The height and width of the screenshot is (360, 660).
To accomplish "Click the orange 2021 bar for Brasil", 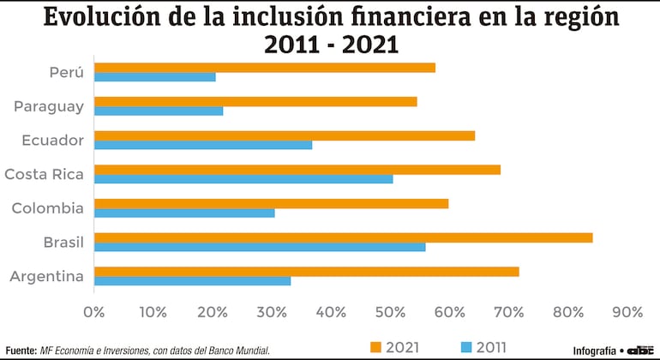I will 343,237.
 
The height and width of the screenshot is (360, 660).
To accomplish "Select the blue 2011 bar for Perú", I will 154,77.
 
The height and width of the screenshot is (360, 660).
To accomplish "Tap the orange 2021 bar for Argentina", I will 306,272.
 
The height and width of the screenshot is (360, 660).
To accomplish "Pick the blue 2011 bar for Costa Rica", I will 243,179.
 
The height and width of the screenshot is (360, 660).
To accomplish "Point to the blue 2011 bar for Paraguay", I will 158,111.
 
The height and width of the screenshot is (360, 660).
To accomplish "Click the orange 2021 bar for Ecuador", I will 284,135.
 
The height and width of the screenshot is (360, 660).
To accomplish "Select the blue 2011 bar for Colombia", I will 184,213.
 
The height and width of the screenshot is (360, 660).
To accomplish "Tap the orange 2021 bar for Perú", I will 264,67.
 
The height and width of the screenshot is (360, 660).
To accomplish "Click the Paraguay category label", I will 48,106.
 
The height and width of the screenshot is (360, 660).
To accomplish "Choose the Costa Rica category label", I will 44,174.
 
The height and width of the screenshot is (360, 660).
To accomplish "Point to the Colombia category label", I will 48,208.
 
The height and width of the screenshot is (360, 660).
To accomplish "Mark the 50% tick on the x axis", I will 391,311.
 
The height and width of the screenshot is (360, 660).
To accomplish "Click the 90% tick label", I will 627,311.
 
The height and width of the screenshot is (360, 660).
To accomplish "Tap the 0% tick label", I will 93,311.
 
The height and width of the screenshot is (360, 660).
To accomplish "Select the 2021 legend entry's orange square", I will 375,346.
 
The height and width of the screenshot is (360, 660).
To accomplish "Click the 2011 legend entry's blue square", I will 465,346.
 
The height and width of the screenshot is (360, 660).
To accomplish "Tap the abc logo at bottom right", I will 640,350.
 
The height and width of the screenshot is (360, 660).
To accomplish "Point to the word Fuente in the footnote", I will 21,350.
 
